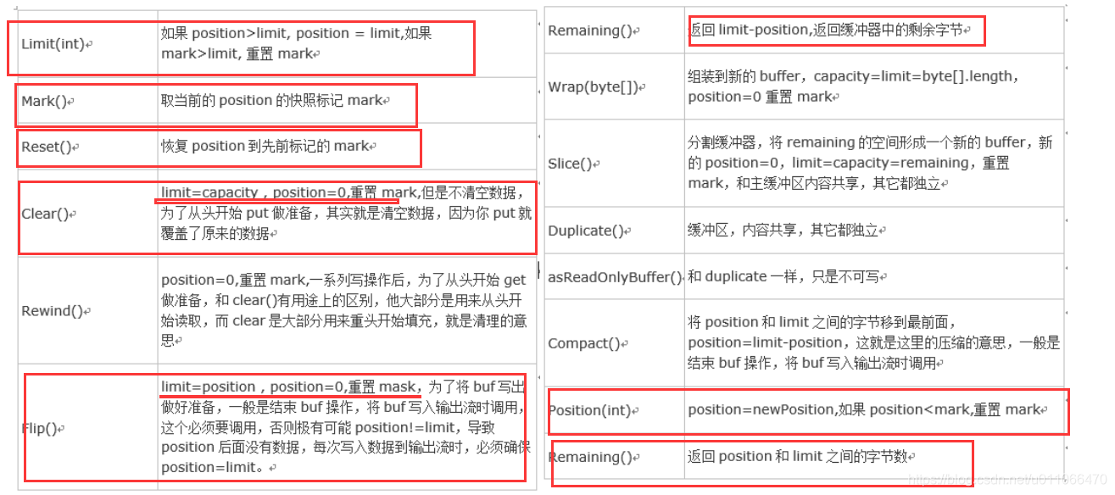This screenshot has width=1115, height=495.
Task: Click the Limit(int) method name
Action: (x=53, y=44)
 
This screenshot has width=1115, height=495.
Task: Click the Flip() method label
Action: (x=39, y=428)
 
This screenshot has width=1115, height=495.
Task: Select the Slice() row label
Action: (x=570, y=164)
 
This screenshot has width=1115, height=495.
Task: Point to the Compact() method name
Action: (x=584, y=343)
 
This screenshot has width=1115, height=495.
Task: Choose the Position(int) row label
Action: (x=589, y=411)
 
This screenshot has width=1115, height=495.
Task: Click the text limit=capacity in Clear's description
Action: (x=209, y=193)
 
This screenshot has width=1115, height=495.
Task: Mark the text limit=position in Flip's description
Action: (x=208, y=387)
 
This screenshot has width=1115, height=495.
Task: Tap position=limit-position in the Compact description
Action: (x=765, y=343)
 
